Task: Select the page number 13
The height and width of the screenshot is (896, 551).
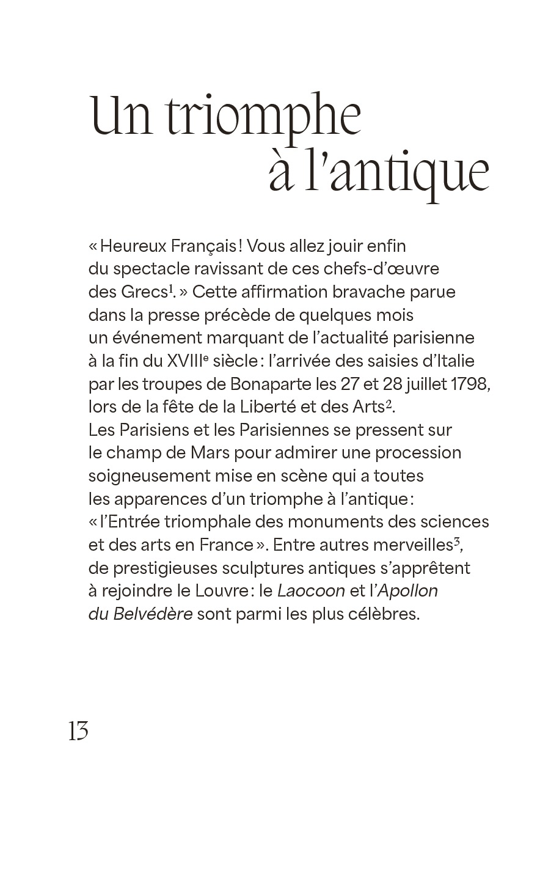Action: pos(79,731)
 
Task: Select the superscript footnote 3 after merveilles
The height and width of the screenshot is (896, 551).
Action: pos(456,540)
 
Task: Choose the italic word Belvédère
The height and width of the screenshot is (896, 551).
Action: pos(153,614)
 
